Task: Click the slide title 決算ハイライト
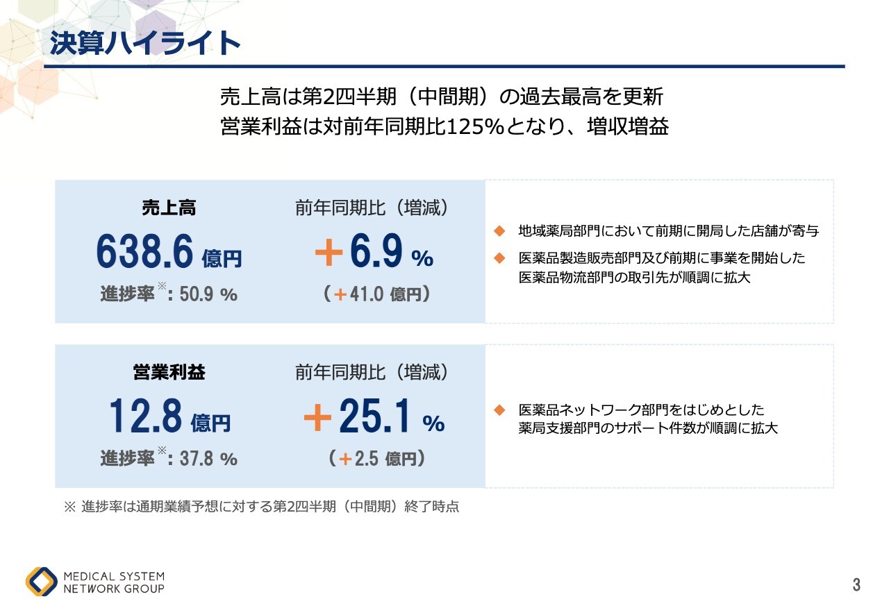click(x=144, y=43)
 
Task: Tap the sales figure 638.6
click(x=144, y=252)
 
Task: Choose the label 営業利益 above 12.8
click(x=169, y=373)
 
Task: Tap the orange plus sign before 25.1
click(x=318, y=419)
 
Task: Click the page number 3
click(x=856, y=585)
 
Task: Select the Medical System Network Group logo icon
click(x=42, y=582)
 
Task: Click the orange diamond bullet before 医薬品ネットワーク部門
click(x=498, y=410)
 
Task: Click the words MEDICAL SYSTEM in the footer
click(x=114, y=576)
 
